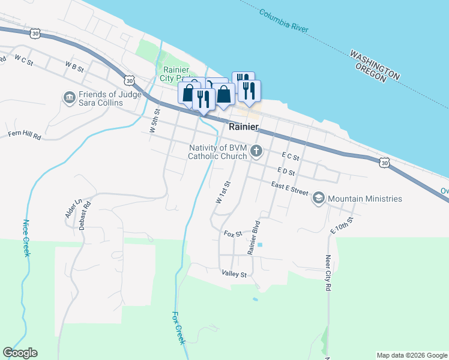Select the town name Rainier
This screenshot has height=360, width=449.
coord(244,127)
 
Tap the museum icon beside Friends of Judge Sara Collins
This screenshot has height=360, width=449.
coord(69,97)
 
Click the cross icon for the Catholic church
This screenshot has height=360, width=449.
coord(257,151)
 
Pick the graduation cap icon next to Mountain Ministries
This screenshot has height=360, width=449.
coord(319,199)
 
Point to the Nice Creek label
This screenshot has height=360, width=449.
coord(26,238)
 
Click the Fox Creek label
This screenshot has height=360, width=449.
coord(178,327)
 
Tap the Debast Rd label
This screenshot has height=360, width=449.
coord(84,214)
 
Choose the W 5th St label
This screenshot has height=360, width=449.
coord(155,121)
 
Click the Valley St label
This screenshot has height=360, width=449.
coord(234,274)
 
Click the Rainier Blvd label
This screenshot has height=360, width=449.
coord(253,239)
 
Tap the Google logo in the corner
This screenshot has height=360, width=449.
coord(20,353)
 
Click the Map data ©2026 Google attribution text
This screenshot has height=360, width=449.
coord(411,355)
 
